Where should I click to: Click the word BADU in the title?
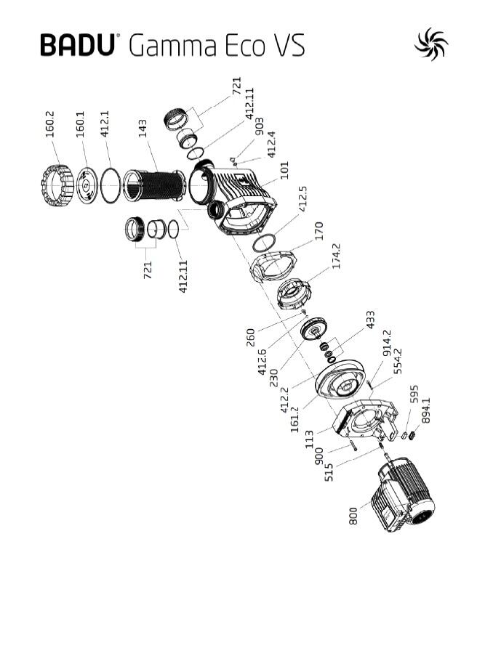pyautogui.click(x=77, y=44)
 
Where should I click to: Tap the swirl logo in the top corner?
pyautogui.click(x=431, y=44)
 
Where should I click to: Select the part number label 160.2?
pyautogui.click(x=49, y=124)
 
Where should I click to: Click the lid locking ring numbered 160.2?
pyautogui.click(x=57, y=185)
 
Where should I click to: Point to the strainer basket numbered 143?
pyautogui.click(x=154, y=185)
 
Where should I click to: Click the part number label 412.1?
pyautogui.click(x=105, y=123)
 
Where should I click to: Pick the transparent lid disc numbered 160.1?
pyautogui.click(x=87, y=185)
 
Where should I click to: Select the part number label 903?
pyautogui.click(x=260, y=127)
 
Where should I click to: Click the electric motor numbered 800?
pyautogui.click(x=403, y=495)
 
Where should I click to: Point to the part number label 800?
pyautogui.click(x=353, y=517)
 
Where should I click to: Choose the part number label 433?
pyautogui.click(x=370, y=320)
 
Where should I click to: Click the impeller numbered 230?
pyautogui.click(x=314, y=329)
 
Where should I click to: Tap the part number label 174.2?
pyautogui.click(x=337, y=256)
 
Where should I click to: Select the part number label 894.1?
pyautogui.click(x=425, y=410)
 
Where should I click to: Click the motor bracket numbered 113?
pyautogui.click(x=365, y=419)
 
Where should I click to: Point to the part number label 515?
pyautogui.click(x=329, y=472)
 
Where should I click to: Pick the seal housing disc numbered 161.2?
pyautogui.click(x=340, y=379)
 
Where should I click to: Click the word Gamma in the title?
pyautogui.click(x=173, y=46)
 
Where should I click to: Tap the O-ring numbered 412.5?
pyautogui.click(x=264, y=243)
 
